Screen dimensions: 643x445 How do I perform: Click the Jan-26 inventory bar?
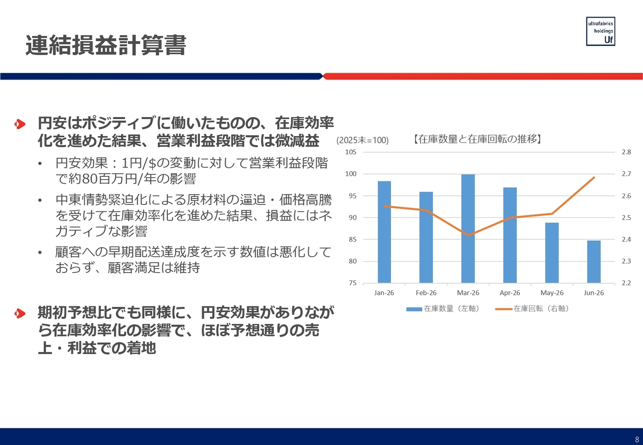pyautogui.click(x=384, y=232)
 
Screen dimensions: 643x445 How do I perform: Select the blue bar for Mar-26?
pyautogui.click(x=468, y=229)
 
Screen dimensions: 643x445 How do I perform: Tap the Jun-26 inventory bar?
pyautogui.click(x=594, y=262)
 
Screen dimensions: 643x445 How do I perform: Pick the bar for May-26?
pyautogui.click(x=552, y=253)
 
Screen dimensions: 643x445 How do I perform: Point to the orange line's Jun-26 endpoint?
pyautogui.click(x=594, y=177)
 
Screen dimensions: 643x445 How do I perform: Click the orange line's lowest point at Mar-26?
pyautogui.click(x=468, y=236)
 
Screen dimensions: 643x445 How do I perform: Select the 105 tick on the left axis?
pyautogui.click(x=351, y=152)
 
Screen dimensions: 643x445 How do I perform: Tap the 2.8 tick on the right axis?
pyautogui.click(x=626, y=152)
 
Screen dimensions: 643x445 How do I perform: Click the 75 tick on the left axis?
pyautogui.click(x=353, y=283)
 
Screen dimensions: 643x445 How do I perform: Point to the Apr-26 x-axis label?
pyautogui.click(x=510, y=293)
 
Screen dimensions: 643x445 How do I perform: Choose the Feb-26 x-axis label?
pyautogui.click(x=426, y=293)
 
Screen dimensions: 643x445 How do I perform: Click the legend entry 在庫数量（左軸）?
pyautogui.click(x=443, y=308)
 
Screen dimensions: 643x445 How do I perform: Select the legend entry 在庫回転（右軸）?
pyautogui.click(x=532, y=308)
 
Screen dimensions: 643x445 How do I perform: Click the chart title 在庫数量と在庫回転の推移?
pyautogui.click(x=477, y=139)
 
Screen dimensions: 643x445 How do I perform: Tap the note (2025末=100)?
pyautogui.click(x=363, y=140)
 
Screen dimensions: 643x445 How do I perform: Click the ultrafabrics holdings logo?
pyautogui.click(x=600, y=31)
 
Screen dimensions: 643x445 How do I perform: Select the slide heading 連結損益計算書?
pyautogui.click(x=106, y=45)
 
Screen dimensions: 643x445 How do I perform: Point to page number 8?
pyautogui.click(x=637, y=439)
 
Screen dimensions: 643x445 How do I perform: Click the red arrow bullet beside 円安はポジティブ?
pyautogui.click(x=20, y=124)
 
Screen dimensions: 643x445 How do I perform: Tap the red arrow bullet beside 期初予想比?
pyautogui.click(x=20, y=313)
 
